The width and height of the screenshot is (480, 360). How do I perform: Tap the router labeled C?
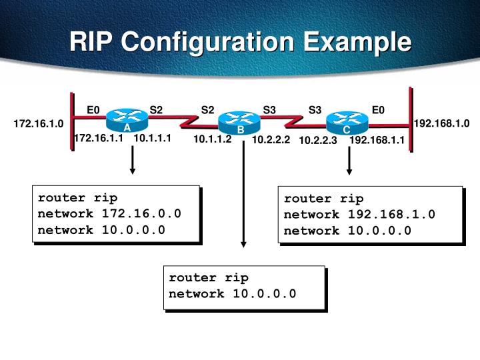(347, 123)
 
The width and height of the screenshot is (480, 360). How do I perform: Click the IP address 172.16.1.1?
(99, 138)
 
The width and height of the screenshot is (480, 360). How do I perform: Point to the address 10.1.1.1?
(153, 138)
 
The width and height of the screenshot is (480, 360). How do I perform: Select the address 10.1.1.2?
(213, 139)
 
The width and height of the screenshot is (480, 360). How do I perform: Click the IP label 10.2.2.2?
(271, 140)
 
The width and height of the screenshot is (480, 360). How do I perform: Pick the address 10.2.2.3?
(318, 141)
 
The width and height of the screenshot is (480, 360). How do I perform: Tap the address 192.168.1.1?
(377, 141)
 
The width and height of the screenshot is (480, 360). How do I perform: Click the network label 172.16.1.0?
(38, 123)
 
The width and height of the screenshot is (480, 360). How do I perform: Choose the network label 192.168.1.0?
(441, 123)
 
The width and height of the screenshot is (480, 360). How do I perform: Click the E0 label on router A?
(93, 110)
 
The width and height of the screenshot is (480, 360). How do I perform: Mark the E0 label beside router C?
(378, 110)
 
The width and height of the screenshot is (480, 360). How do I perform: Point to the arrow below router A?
(133, 161)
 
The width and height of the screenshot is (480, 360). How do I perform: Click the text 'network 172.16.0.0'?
(109, 213)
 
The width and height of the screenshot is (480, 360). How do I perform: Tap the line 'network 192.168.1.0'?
(359, 215)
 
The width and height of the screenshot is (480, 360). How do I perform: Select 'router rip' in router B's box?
(208, 278)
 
